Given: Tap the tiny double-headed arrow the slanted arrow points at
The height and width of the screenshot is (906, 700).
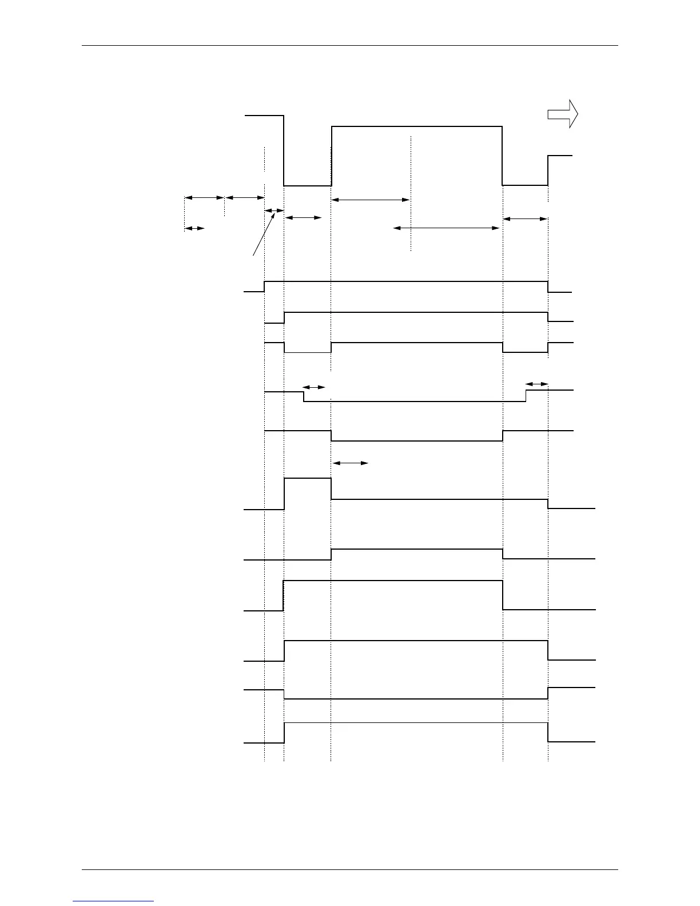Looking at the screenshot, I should [x=275, y=210].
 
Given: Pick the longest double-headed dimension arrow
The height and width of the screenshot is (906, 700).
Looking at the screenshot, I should [x=447, y=228].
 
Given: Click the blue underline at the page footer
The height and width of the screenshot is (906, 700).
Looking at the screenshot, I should [x=113, y=901].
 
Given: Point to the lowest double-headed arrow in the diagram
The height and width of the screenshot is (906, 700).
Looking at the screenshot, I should [x=350, y=463].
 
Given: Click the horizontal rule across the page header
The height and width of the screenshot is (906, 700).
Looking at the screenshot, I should [x=349, y=45].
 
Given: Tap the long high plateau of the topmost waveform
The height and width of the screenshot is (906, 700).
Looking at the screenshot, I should [x=416, y=126].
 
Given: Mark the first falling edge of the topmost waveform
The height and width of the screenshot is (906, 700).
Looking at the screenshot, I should [x=284, y=150].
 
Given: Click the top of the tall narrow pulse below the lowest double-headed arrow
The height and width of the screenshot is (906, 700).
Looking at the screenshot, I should [x=308, y=478].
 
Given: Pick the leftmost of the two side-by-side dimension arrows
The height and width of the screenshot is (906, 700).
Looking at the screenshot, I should [x=204, y=197].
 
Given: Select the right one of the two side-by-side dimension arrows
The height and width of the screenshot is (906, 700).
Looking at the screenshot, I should [x=245, y=197].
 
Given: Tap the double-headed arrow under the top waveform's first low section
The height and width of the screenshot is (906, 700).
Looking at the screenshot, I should [x=303, y=217].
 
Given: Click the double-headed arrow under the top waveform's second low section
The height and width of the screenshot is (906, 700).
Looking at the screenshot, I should [x=525, y=218].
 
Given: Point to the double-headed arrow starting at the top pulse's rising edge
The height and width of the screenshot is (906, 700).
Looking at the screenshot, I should [x=371, y=200].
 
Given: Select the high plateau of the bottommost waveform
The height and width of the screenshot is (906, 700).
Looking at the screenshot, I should [x=416, y=723].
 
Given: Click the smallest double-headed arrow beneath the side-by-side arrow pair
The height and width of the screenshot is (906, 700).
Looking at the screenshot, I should [x=194, y=228].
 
